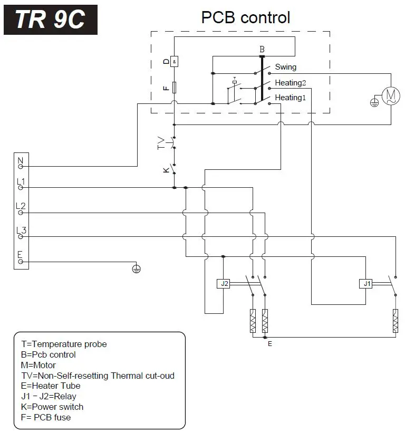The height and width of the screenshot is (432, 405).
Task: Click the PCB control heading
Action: point(245,17)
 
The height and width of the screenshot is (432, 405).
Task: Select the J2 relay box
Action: point(225,284)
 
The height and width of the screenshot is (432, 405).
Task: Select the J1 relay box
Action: point(366,284)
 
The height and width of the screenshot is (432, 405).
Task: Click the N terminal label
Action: point(21,160)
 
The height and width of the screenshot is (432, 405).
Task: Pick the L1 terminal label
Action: point(21,182)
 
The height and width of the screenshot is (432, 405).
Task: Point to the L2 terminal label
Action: point(21,206)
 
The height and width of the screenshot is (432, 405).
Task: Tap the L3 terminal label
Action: point(21,231)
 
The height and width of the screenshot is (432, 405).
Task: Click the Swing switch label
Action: point(285,67)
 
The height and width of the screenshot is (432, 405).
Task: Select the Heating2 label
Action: point(290,83)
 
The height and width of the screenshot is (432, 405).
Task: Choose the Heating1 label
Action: point(290,98)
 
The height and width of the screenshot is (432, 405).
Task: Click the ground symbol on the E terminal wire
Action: point(136,269)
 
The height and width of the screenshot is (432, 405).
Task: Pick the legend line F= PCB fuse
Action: point(46,417)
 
